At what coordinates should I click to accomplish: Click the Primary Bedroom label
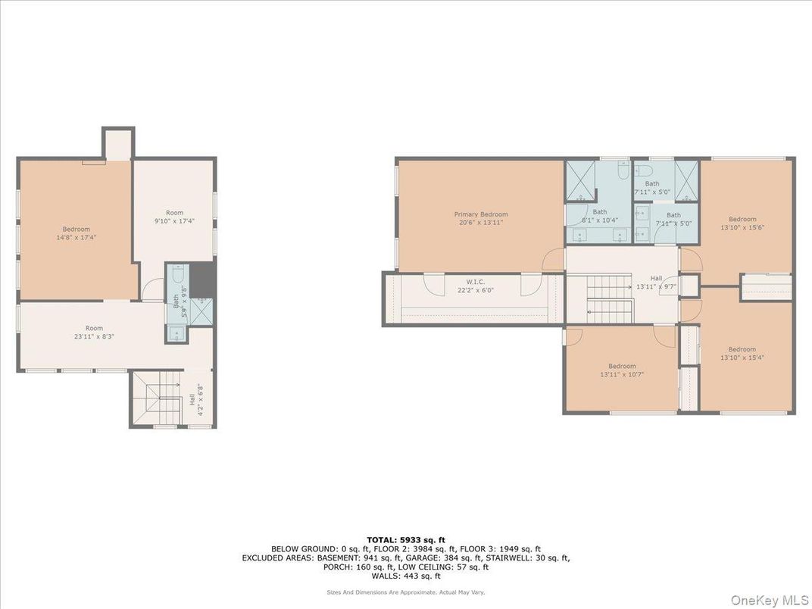tap(481, 218)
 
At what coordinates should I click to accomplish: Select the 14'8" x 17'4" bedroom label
tap(76, 233)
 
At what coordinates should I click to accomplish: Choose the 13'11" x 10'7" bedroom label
tap(622, 370)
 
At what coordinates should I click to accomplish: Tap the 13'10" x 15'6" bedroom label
tap(742, 223)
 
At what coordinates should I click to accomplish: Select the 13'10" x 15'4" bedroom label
tap(742, 353)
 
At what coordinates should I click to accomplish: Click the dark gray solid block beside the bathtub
tap(201, 280)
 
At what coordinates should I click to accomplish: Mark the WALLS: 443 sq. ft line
tap(405, 575)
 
